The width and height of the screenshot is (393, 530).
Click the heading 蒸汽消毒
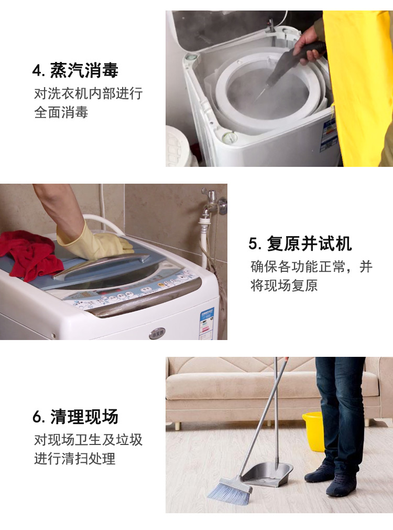coord(84,70)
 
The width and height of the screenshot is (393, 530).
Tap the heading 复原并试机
coord(309,243)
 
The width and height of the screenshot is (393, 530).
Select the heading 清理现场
coord(84,417)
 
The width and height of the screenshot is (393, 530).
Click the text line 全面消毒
coord(61,112)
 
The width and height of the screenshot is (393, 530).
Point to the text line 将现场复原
coord(284,285)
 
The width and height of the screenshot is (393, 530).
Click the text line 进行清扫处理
coord(74,459)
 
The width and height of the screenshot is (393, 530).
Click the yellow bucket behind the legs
coord(313,431)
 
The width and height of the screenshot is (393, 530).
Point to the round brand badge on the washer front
coord(157,333)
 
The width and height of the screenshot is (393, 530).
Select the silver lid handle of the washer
coord(101,266)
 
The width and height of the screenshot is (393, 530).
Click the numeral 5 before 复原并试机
coord(254,243)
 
